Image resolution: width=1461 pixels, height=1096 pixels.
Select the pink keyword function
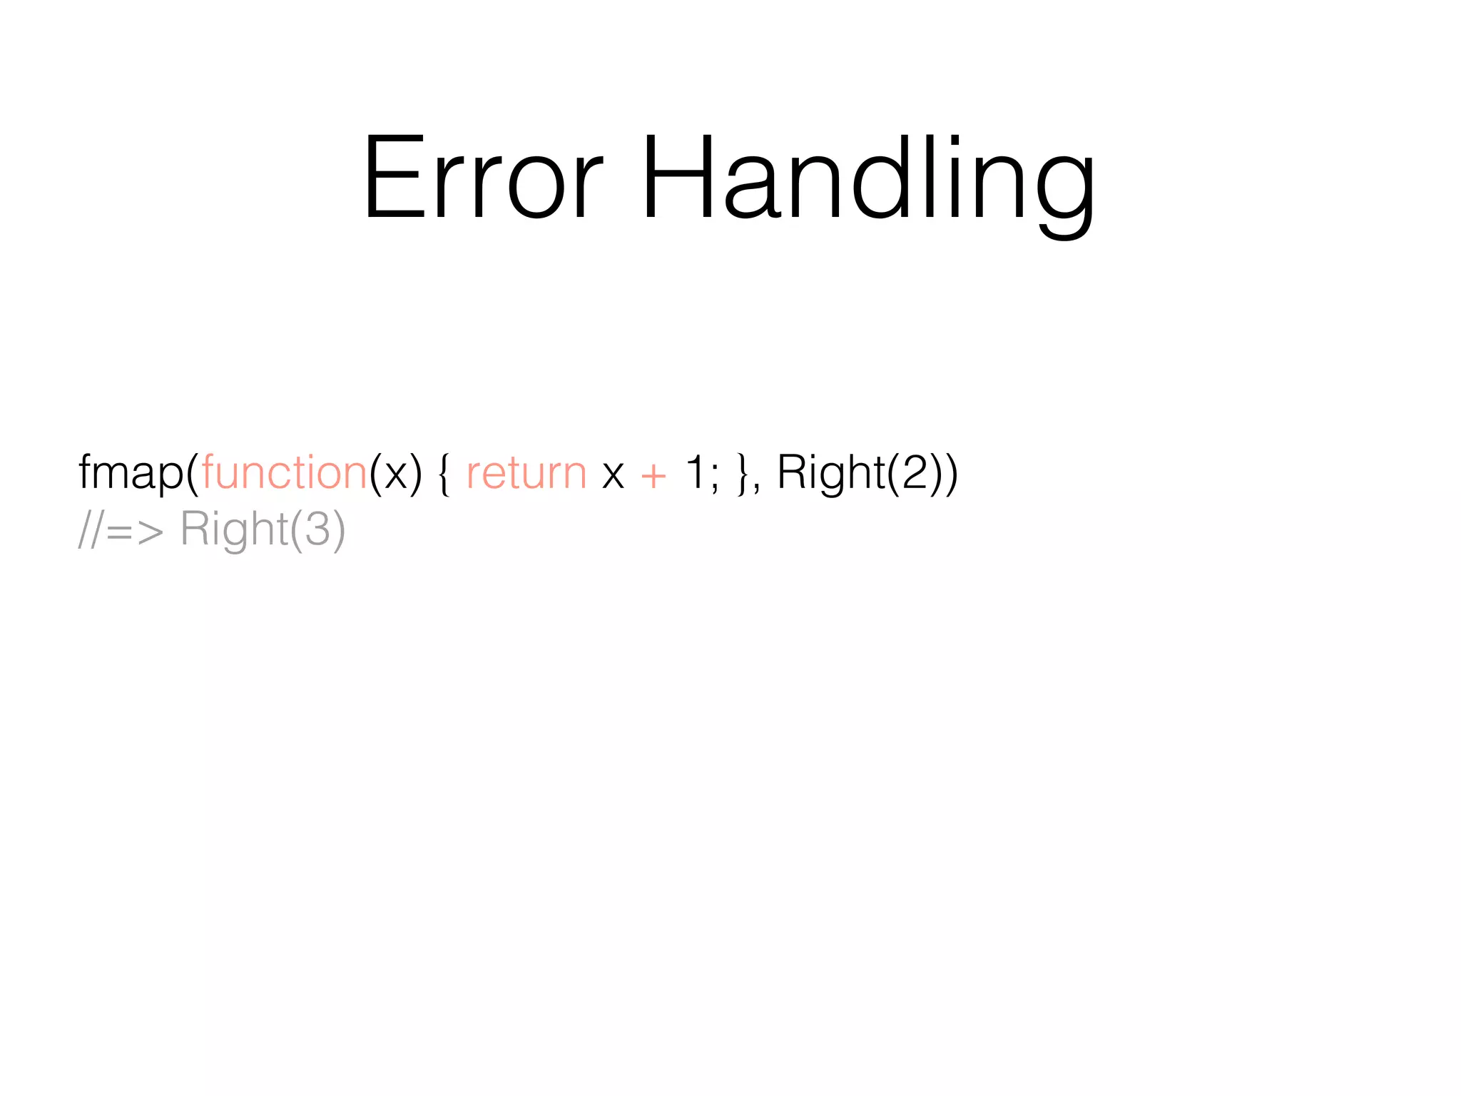pos(284,472)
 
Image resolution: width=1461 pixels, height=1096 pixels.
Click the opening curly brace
pos(444,474)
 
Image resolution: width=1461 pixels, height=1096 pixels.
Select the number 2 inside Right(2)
pos(915,472)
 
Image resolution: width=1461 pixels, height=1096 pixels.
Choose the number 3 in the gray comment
pos(317,529)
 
